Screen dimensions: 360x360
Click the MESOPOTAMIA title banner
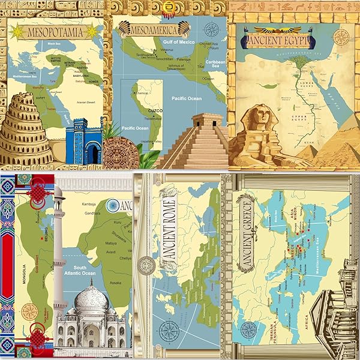coord(53,31)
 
